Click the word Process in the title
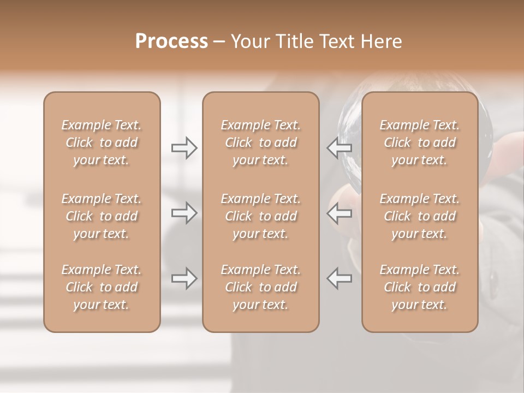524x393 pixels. [x=171, y=41]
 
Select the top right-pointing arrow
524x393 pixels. [x=184, y=148]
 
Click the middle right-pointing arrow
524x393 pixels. [x=184, y=213]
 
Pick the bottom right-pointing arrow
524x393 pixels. [x=184, y=278]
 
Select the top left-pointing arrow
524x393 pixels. [x=339, y=148]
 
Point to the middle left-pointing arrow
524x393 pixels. [x=339, y=213]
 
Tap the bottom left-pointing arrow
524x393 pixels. [x=339, y=278]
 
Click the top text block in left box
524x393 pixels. [x=102, y=142]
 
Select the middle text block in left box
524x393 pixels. [x=102, y=216]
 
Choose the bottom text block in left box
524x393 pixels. [x=102, y=287]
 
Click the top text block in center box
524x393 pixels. [x=260, y=142]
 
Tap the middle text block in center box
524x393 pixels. [x=260, y=216]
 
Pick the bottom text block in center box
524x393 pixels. [x=260, y=287]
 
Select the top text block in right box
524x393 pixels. [x=419, y=142]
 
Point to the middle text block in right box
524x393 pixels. [x=419, y=216]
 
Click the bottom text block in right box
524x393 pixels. [x=419, y=287]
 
